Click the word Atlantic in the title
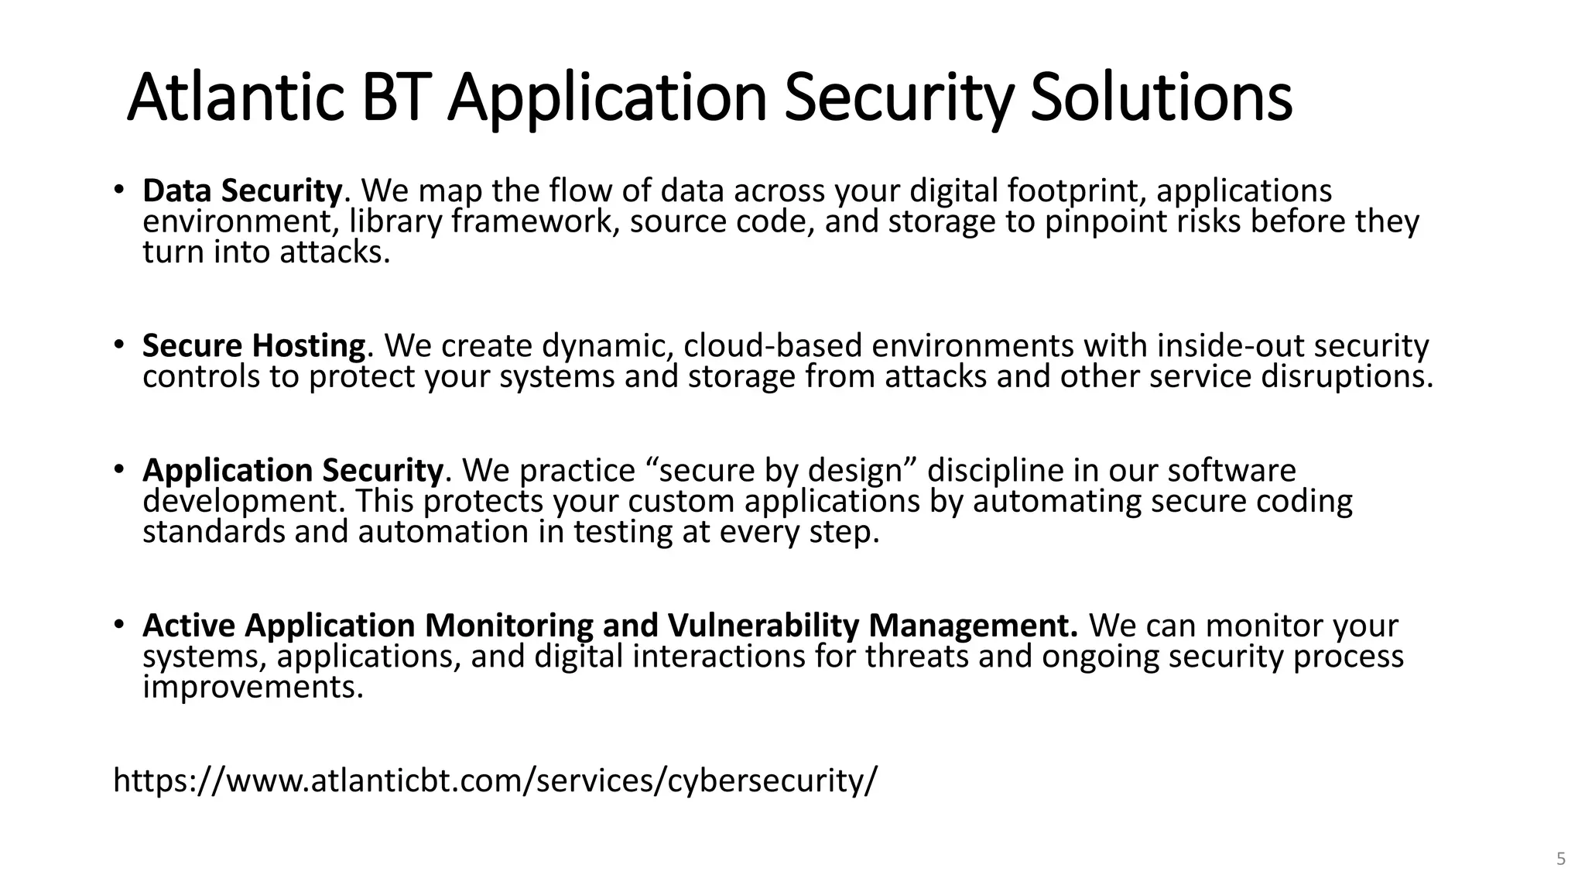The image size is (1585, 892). click(x=235, y=98)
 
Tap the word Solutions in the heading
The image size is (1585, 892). click(x=1161, y=98)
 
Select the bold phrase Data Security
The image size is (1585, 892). click(x=241, y=190)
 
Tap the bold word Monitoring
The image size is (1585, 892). click(x=508, y=626)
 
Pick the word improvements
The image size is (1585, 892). click(x=252, y=688)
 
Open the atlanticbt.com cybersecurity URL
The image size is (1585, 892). click(x=495, y=780)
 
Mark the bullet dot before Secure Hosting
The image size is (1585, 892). click(x=118, y=343)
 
